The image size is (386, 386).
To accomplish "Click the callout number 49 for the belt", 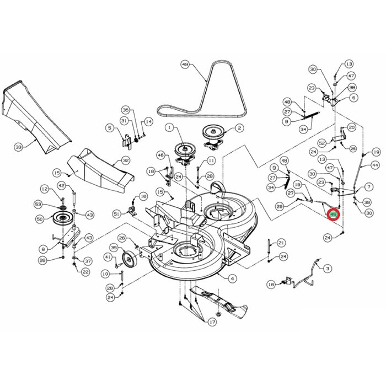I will [185, 65].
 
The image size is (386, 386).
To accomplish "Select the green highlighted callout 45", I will [333, 214].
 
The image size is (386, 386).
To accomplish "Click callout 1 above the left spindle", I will [169, 127].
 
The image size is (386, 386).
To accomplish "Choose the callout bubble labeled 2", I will [239, 128].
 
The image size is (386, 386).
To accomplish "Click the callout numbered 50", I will [40, 219].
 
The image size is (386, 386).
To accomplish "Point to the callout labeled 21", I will [281, 243].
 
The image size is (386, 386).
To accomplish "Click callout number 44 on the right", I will [375, 165].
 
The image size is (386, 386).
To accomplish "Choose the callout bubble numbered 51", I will [116, 214].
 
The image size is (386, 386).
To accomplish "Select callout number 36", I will [125, 110].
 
